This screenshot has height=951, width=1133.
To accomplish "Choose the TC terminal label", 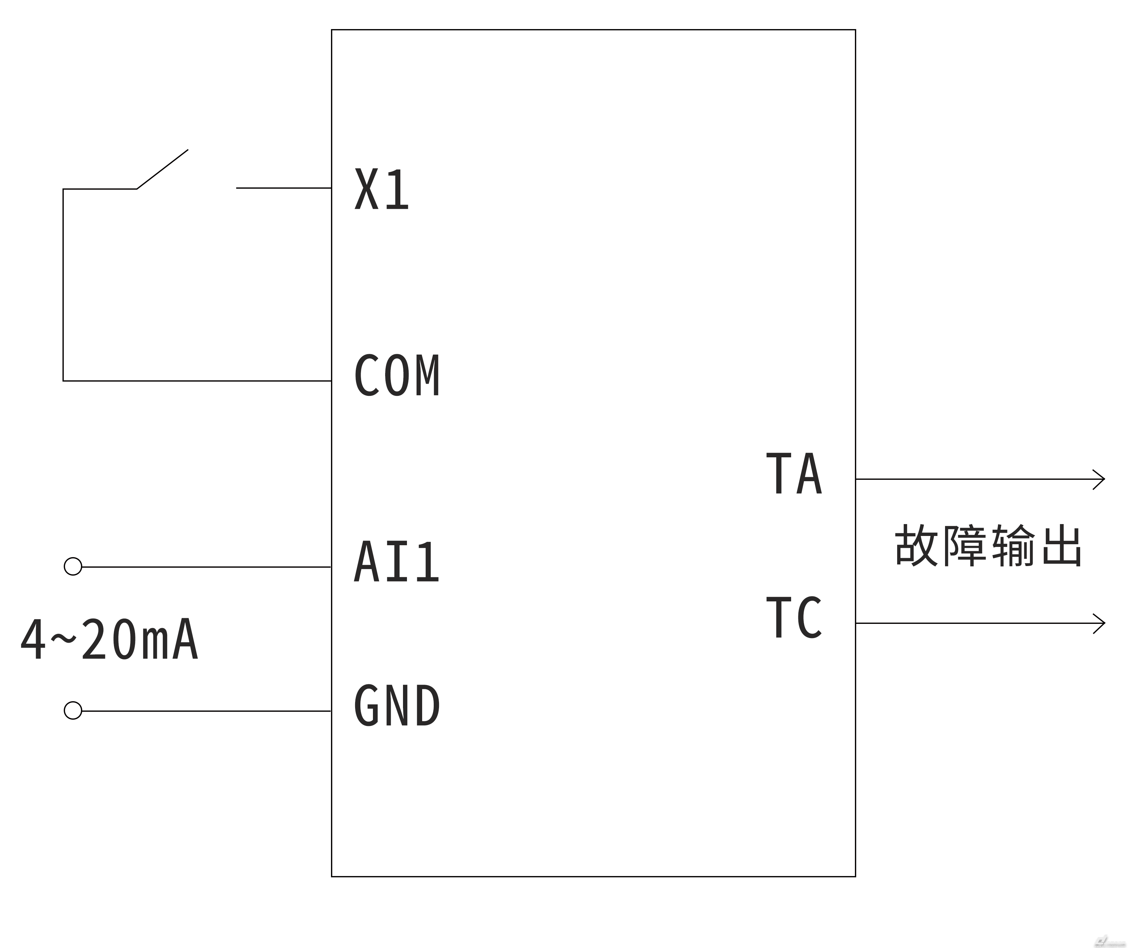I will pyautogui.click(x=794, y=618).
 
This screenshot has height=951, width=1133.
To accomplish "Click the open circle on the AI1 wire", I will pyautogui.click(x=73, y=567).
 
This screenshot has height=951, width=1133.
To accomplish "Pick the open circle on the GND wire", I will pyautogui.click(x=73, y=710).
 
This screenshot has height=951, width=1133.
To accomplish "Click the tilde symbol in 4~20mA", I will pyautogui.click(x=64, y=638).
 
